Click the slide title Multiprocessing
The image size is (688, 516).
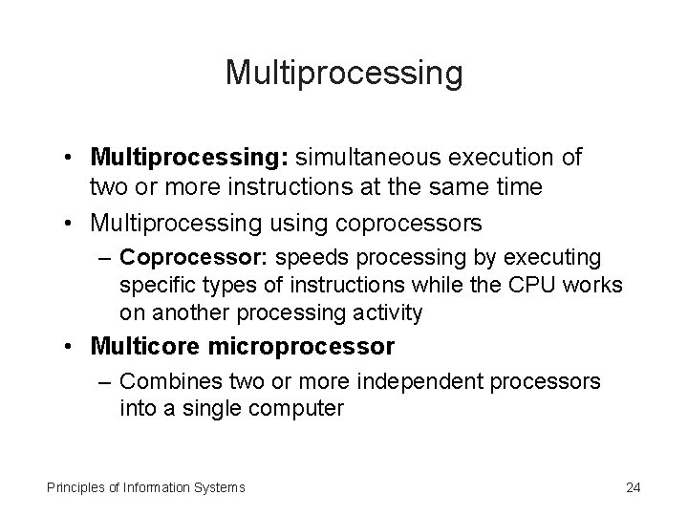click(344, 73)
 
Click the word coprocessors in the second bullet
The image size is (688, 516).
click(405, 223)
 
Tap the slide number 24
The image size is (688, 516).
click(633, 487)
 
